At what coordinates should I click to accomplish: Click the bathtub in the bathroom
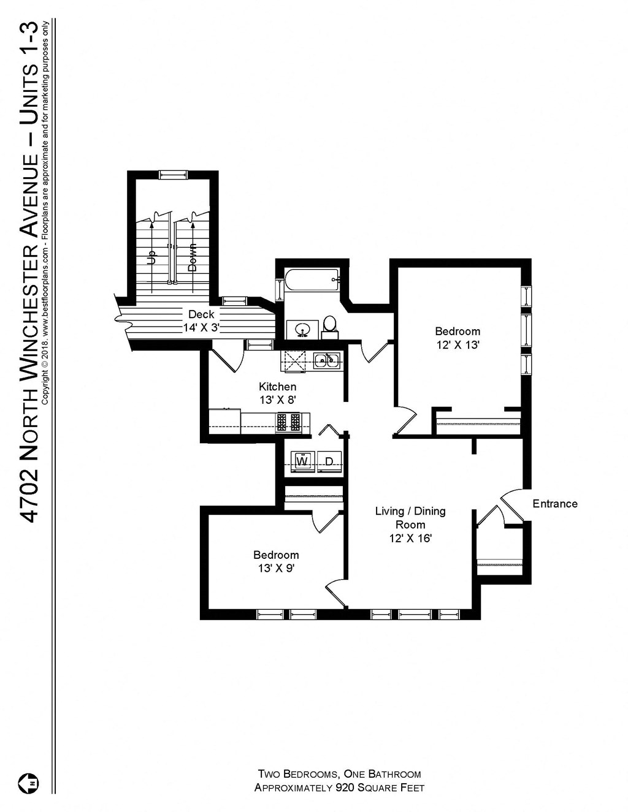(312, 283)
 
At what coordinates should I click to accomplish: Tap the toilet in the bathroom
(329, 324)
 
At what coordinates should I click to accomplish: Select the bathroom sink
(302, 329)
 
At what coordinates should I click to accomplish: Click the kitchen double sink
(327, 360)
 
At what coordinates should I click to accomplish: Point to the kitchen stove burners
(288, 422)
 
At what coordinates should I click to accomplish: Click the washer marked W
(302, 461)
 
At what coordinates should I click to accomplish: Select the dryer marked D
(329, 461)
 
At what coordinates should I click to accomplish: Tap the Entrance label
(554, 504)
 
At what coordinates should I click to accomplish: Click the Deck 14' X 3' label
(201, 321)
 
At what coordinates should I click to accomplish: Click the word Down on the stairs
(192, 257)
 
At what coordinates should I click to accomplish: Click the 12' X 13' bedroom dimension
(458, 345)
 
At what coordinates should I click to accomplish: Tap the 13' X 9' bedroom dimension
(276, 568)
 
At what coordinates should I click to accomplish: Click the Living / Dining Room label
(410, 517)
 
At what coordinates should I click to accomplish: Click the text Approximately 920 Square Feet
(339, 788)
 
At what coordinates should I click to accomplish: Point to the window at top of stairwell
(173, 175)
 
